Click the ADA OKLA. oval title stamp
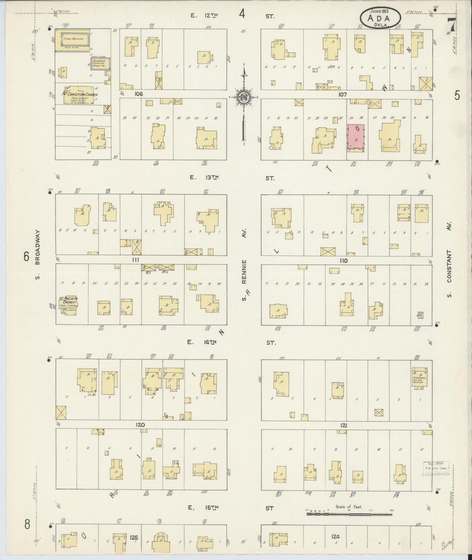(x=381, y=18)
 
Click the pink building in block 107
(x=356, y=138)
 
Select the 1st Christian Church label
(x=80, y=95)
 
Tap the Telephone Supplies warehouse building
(x=100, y=63)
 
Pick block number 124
(x=335, y=536)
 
